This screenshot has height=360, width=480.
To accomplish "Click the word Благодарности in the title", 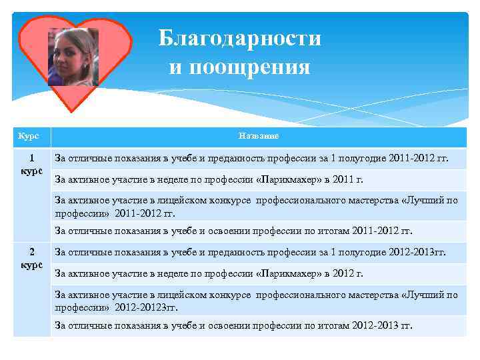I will point(239,39).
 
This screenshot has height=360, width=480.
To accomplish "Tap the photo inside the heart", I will point(73,57).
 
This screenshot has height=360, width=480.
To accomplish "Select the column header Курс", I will point(28,136).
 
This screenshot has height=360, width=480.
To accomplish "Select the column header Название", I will point(259,136).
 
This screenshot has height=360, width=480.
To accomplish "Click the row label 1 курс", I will point(32,165).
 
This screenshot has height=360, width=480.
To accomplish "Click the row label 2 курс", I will point(32,258).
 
